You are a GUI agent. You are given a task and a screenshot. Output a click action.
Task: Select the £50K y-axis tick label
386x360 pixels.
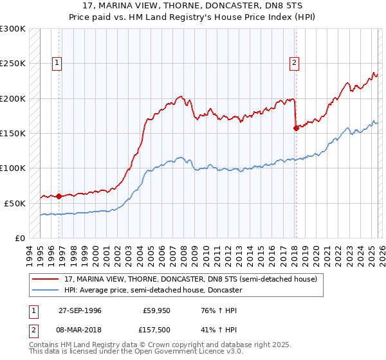coord(15,203)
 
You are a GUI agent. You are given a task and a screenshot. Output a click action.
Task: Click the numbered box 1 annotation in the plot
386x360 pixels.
coord(57,63)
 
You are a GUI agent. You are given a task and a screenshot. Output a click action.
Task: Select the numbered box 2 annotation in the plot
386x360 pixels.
coord(294,63)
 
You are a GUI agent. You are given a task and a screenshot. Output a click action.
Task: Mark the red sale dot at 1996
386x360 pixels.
coord(59,196)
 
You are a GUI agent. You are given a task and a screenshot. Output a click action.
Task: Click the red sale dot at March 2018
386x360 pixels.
coord(296,128)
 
